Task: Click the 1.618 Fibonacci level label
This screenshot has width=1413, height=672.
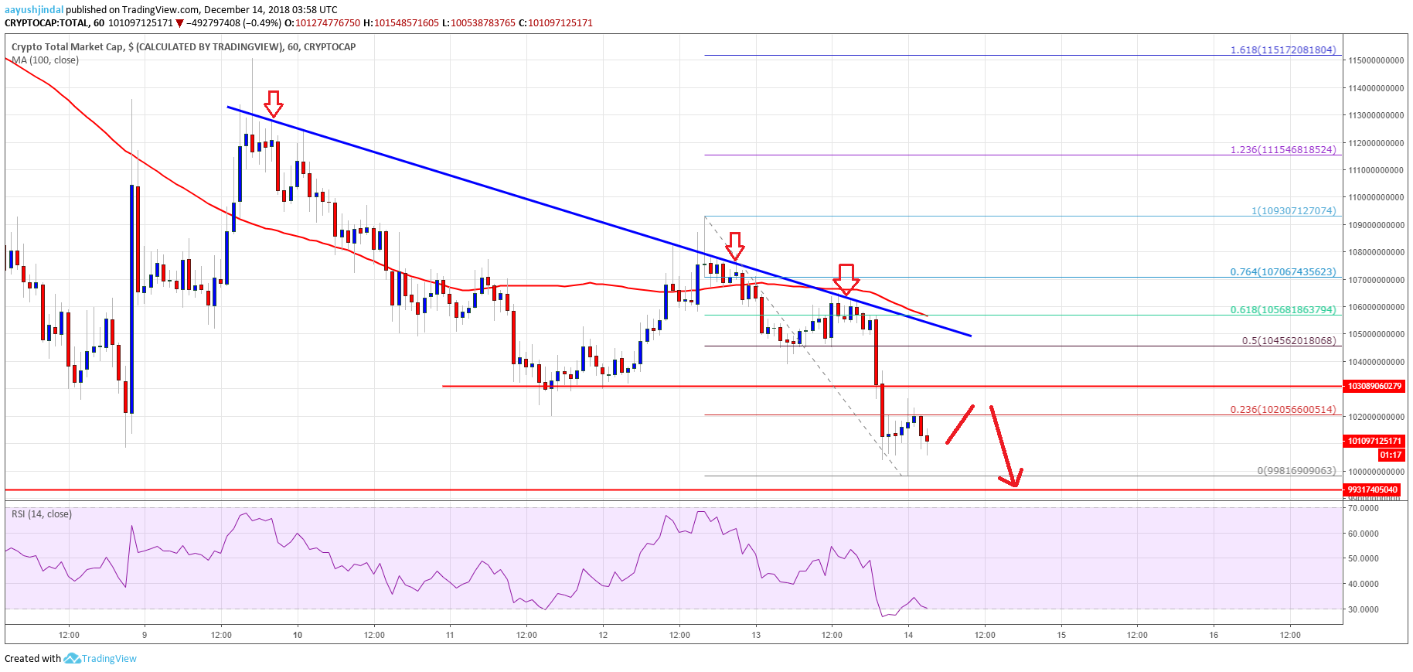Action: tap(1283, 49)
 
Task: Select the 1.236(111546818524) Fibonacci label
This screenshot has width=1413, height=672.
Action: tap(1283, 149)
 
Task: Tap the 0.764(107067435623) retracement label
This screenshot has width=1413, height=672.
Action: tap(1283, 271)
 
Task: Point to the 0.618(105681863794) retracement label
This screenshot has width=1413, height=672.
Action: tap(1283, 309)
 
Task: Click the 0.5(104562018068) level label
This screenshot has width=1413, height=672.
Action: tap(1289, 340)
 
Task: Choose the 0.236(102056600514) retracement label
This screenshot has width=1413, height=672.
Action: tap(1283, 410)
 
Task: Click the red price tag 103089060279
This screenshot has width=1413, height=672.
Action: tap(1374, 385)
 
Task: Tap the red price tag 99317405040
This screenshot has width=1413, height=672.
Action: tap(1374, 490)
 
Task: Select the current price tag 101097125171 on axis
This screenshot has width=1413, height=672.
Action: tap(1374, 441)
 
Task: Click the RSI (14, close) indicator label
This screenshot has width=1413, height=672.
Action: tap(42, 514)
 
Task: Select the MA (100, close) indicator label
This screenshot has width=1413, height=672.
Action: tap(45, 60)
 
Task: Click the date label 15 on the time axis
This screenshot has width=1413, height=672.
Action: tap(1061, 635)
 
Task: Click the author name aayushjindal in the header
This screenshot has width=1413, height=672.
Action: tap(34, 9)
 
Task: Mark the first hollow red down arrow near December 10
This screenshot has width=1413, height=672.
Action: tap(273, 102)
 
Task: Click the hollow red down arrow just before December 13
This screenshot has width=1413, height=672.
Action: tap(735, 245)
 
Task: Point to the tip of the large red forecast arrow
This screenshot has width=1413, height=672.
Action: tap(1015, 486)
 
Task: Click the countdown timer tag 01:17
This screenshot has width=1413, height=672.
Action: tap(1390, 455)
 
